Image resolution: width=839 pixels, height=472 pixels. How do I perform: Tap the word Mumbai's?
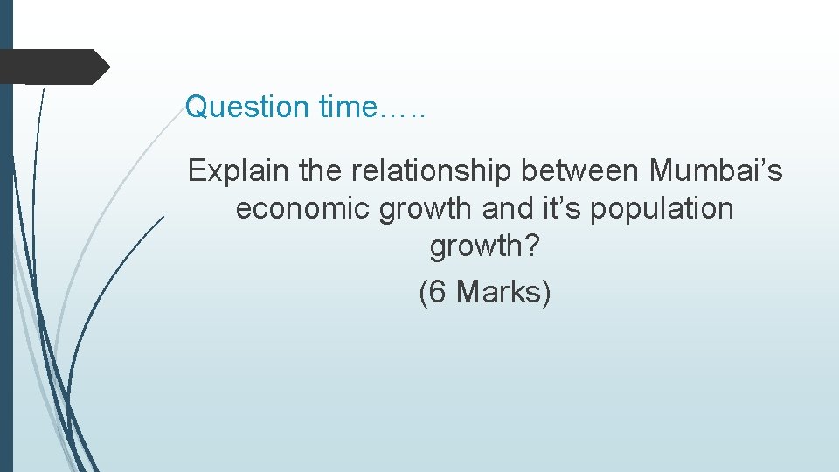click(x=716, y=170)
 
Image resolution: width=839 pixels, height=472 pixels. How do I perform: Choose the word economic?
click(x=303, y=209)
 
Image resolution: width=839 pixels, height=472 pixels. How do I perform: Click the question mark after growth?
click(x=532, y=247)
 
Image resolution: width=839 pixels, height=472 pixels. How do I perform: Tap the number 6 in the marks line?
click(x=439, y=292)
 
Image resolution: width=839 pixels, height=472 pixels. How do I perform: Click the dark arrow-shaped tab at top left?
click(x=52, y=66)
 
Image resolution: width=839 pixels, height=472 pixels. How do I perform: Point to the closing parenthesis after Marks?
click(x=546, y=293)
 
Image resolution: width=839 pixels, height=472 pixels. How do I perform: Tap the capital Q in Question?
click(x=198, y=108)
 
